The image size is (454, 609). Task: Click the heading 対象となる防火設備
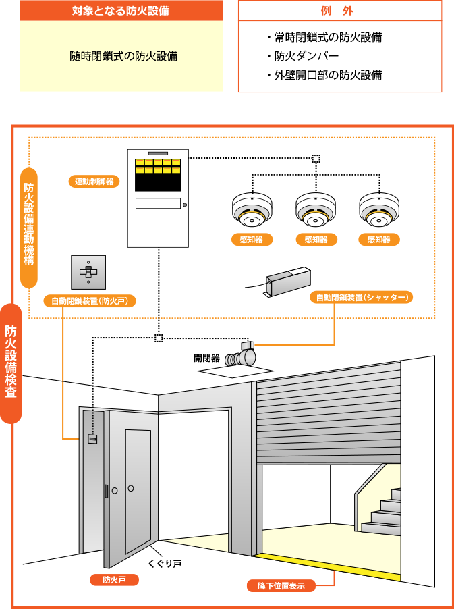121,11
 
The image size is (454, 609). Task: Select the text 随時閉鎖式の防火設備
123,57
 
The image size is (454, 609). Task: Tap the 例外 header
339,11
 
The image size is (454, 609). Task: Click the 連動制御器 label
94,181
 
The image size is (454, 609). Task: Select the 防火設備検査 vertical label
11,363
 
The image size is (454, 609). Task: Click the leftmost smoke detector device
252,210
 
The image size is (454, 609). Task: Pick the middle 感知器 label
316,240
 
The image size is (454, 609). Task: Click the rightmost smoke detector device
379,210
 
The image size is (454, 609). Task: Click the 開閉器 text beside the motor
206,358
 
